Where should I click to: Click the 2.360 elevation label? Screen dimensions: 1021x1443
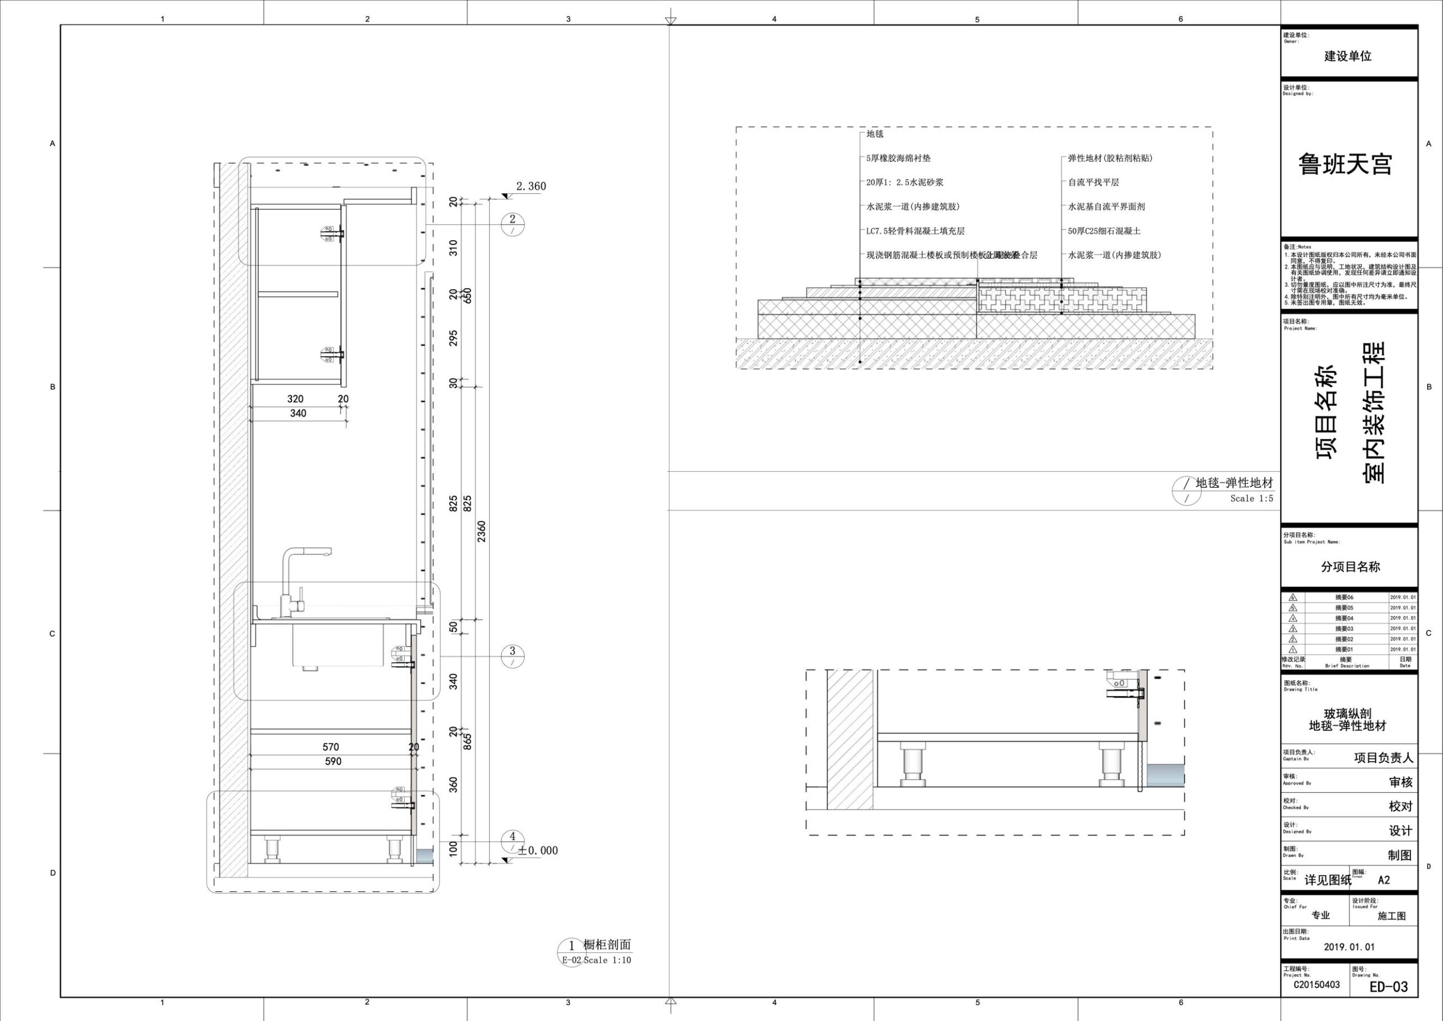click(530, 186)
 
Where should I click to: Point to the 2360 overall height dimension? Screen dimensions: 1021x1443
click(481, 531)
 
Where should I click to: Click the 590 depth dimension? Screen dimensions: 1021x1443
click(333, 761)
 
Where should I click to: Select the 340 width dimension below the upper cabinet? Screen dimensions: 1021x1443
click(298, 413)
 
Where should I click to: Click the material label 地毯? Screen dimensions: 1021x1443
click(875, 134)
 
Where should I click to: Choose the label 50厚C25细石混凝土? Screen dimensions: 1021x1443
click(1104, 231)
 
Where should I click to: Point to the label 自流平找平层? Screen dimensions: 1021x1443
click(1094, 182)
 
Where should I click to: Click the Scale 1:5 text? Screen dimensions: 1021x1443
click(1251, 498)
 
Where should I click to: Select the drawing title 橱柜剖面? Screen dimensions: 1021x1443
click(607, 945)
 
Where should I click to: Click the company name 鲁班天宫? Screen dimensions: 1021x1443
click(1345, 165)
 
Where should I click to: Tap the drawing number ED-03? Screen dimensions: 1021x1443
click(1388, 987)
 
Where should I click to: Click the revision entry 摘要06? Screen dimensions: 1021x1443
click(1344, 597)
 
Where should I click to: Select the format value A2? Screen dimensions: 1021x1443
click(1384, 880)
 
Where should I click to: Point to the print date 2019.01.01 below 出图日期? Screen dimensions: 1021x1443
click(1349, 947)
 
